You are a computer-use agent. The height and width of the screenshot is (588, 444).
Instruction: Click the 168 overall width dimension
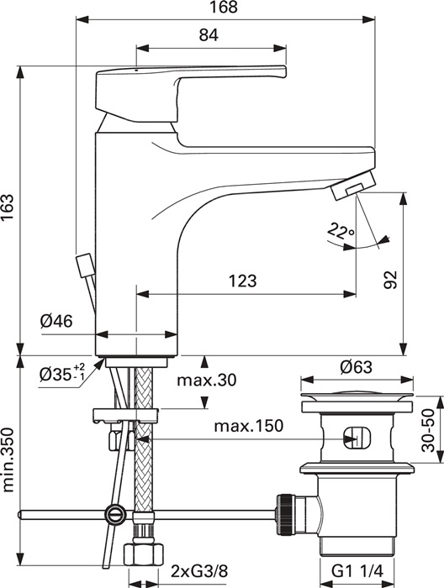224,7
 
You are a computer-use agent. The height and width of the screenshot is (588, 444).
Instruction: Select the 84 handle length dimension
209,35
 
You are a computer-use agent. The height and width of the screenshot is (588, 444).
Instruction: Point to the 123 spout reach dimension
243,281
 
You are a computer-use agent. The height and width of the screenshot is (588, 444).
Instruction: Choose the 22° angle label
340,231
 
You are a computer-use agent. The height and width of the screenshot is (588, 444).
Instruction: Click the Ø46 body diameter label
56,321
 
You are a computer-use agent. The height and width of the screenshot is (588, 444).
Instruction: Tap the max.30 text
207,381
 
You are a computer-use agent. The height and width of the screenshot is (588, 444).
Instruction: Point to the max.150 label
248,427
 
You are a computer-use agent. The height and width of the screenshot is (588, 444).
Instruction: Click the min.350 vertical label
8,460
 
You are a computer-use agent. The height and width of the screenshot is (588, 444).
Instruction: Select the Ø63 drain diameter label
357,368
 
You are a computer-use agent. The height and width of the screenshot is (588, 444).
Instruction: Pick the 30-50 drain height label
428,430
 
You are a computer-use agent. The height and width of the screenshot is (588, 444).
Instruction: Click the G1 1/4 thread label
357,571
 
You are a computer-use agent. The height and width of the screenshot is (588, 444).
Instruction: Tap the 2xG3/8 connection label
199,571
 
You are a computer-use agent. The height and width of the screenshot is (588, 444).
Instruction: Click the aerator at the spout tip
353,185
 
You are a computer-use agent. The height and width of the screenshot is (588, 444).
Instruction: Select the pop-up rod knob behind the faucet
84,265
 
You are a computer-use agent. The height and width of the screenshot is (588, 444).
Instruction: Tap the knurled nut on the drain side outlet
285,514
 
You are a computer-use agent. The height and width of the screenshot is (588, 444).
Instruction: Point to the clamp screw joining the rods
115,514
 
